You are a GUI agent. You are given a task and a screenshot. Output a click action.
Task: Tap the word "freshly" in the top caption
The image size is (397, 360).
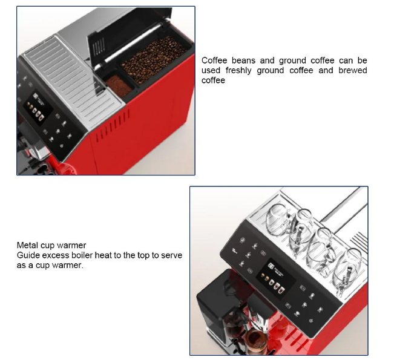click(238, 70)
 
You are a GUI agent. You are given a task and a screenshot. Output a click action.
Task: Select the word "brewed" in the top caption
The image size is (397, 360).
click(353, 70)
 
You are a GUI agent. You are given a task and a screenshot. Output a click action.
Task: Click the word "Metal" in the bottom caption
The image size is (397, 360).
click(27, 245)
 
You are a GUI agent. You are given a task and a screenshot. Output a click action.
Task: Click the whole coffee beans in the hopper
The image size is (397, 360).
click(154, 59)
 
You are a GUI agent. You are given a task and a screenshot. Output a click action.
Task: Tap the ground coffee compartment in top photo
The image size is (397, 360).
click(119, 85)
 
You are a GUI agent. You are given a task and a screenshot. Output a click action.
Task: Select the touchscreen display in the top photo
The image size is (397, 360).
click(38, 109)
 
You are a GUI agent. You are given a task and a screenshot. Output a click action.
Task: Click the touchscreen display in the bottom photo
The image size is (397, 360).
click(275, 277)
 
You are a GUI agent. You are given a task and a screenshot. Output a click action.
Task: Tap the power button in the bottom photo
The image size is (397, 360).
click(311, 321)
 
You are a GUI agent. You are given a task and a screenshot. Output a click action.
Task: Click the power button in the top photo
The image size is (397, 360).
click(61, 146)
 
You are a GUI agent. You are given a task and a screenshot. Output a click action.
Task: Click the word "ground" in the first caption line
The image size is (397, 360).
click(292, 61)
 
